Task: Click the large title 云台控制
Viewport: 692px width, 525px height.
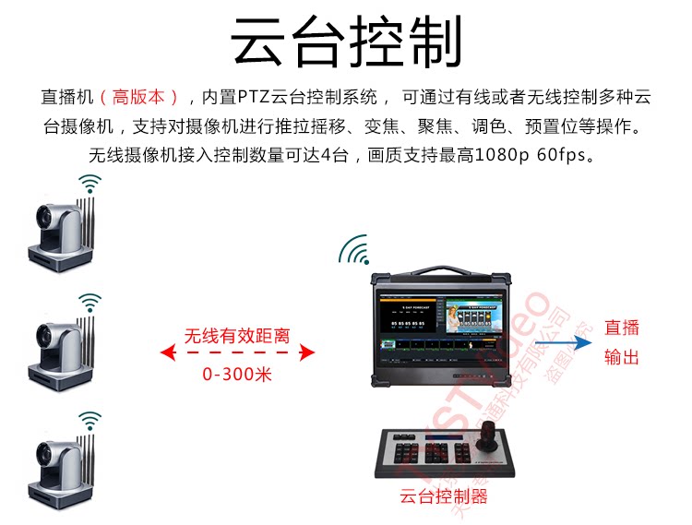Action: (x=346, y=41)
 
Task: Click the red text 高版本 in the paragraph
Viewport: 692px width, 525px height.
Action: (x=137, y=97)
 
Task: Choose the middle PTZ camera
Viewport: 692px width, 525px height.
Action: (x=60, y=347)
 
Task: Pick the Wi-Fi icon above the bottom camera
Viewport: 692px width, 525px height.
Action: (x=89, y=422)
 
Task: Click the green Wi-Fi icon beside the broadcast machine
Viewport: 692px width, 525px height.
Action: (x=353, y=247)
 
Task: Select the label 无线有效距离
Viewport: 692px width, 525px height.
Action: (x=237, y=336)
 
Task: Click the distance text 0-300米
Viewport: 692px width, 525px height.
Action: (x=237, y=375)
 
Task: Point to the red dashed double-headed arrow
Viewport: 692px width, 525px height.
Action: (x=237, y=353)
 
